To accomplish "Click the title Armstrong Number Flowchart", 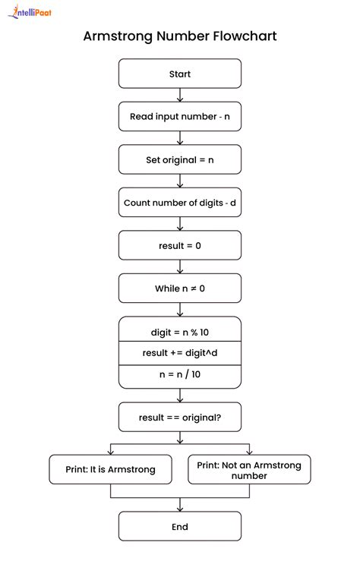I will (180, 36).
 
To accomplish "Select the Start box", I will (180, 74).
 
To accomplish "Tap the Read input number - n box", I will (180, 116).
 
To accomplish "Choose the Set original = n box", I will (180, 159).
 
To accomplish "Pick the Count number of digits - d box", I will (180, 203).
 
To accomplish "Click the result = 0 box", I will (180, 245).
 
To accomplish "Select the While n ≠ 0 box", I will (180, 288).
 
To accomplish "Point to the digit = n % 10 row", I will (180, 331).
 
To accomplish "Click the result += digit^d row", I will (180, 353).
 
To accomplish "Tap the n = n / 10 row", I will (180, 375).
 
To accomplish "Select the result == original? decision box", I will (180, 417).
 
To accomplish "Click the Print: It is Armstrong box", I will (111, 469).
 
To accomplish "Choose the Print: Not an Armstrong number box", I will (249, 469).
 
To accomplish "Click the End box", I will (180, 526).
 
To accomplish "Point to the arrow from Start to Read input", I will (180, 95).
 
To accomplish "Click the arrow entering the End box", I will (180, 506).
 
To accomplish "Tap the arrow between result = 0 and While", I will (180, 267).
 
